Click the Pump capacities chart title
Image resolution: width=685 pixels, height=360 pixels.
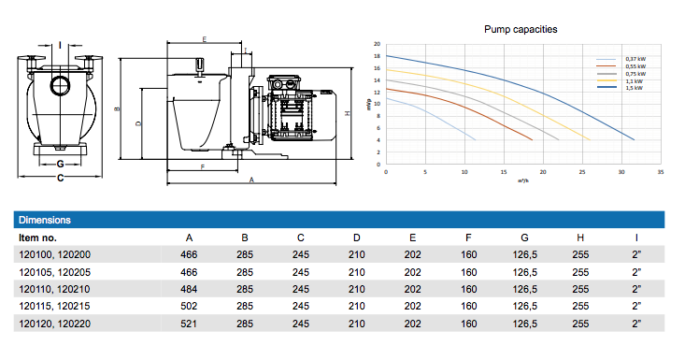[x=521, y=29]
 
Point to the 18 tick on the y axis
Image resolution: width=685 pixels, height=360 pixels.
[x=377, y=56]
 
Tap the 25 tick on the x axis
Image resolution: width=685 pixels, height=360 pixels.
[x=582, y=172]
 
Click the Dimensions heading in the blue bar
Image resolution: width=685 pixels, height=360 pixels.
[x=45, y=220]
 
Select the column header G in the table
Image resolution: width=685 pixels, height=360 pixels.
[x=524, y=238]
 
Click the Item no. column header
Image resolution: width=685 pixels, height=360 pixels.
[x=37, y=238]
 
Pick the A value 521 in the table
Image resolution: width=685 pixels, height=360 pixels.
[x=189, y=324]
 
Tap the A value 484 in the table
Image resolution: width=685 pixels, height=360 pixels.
[x=189, y=289]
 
